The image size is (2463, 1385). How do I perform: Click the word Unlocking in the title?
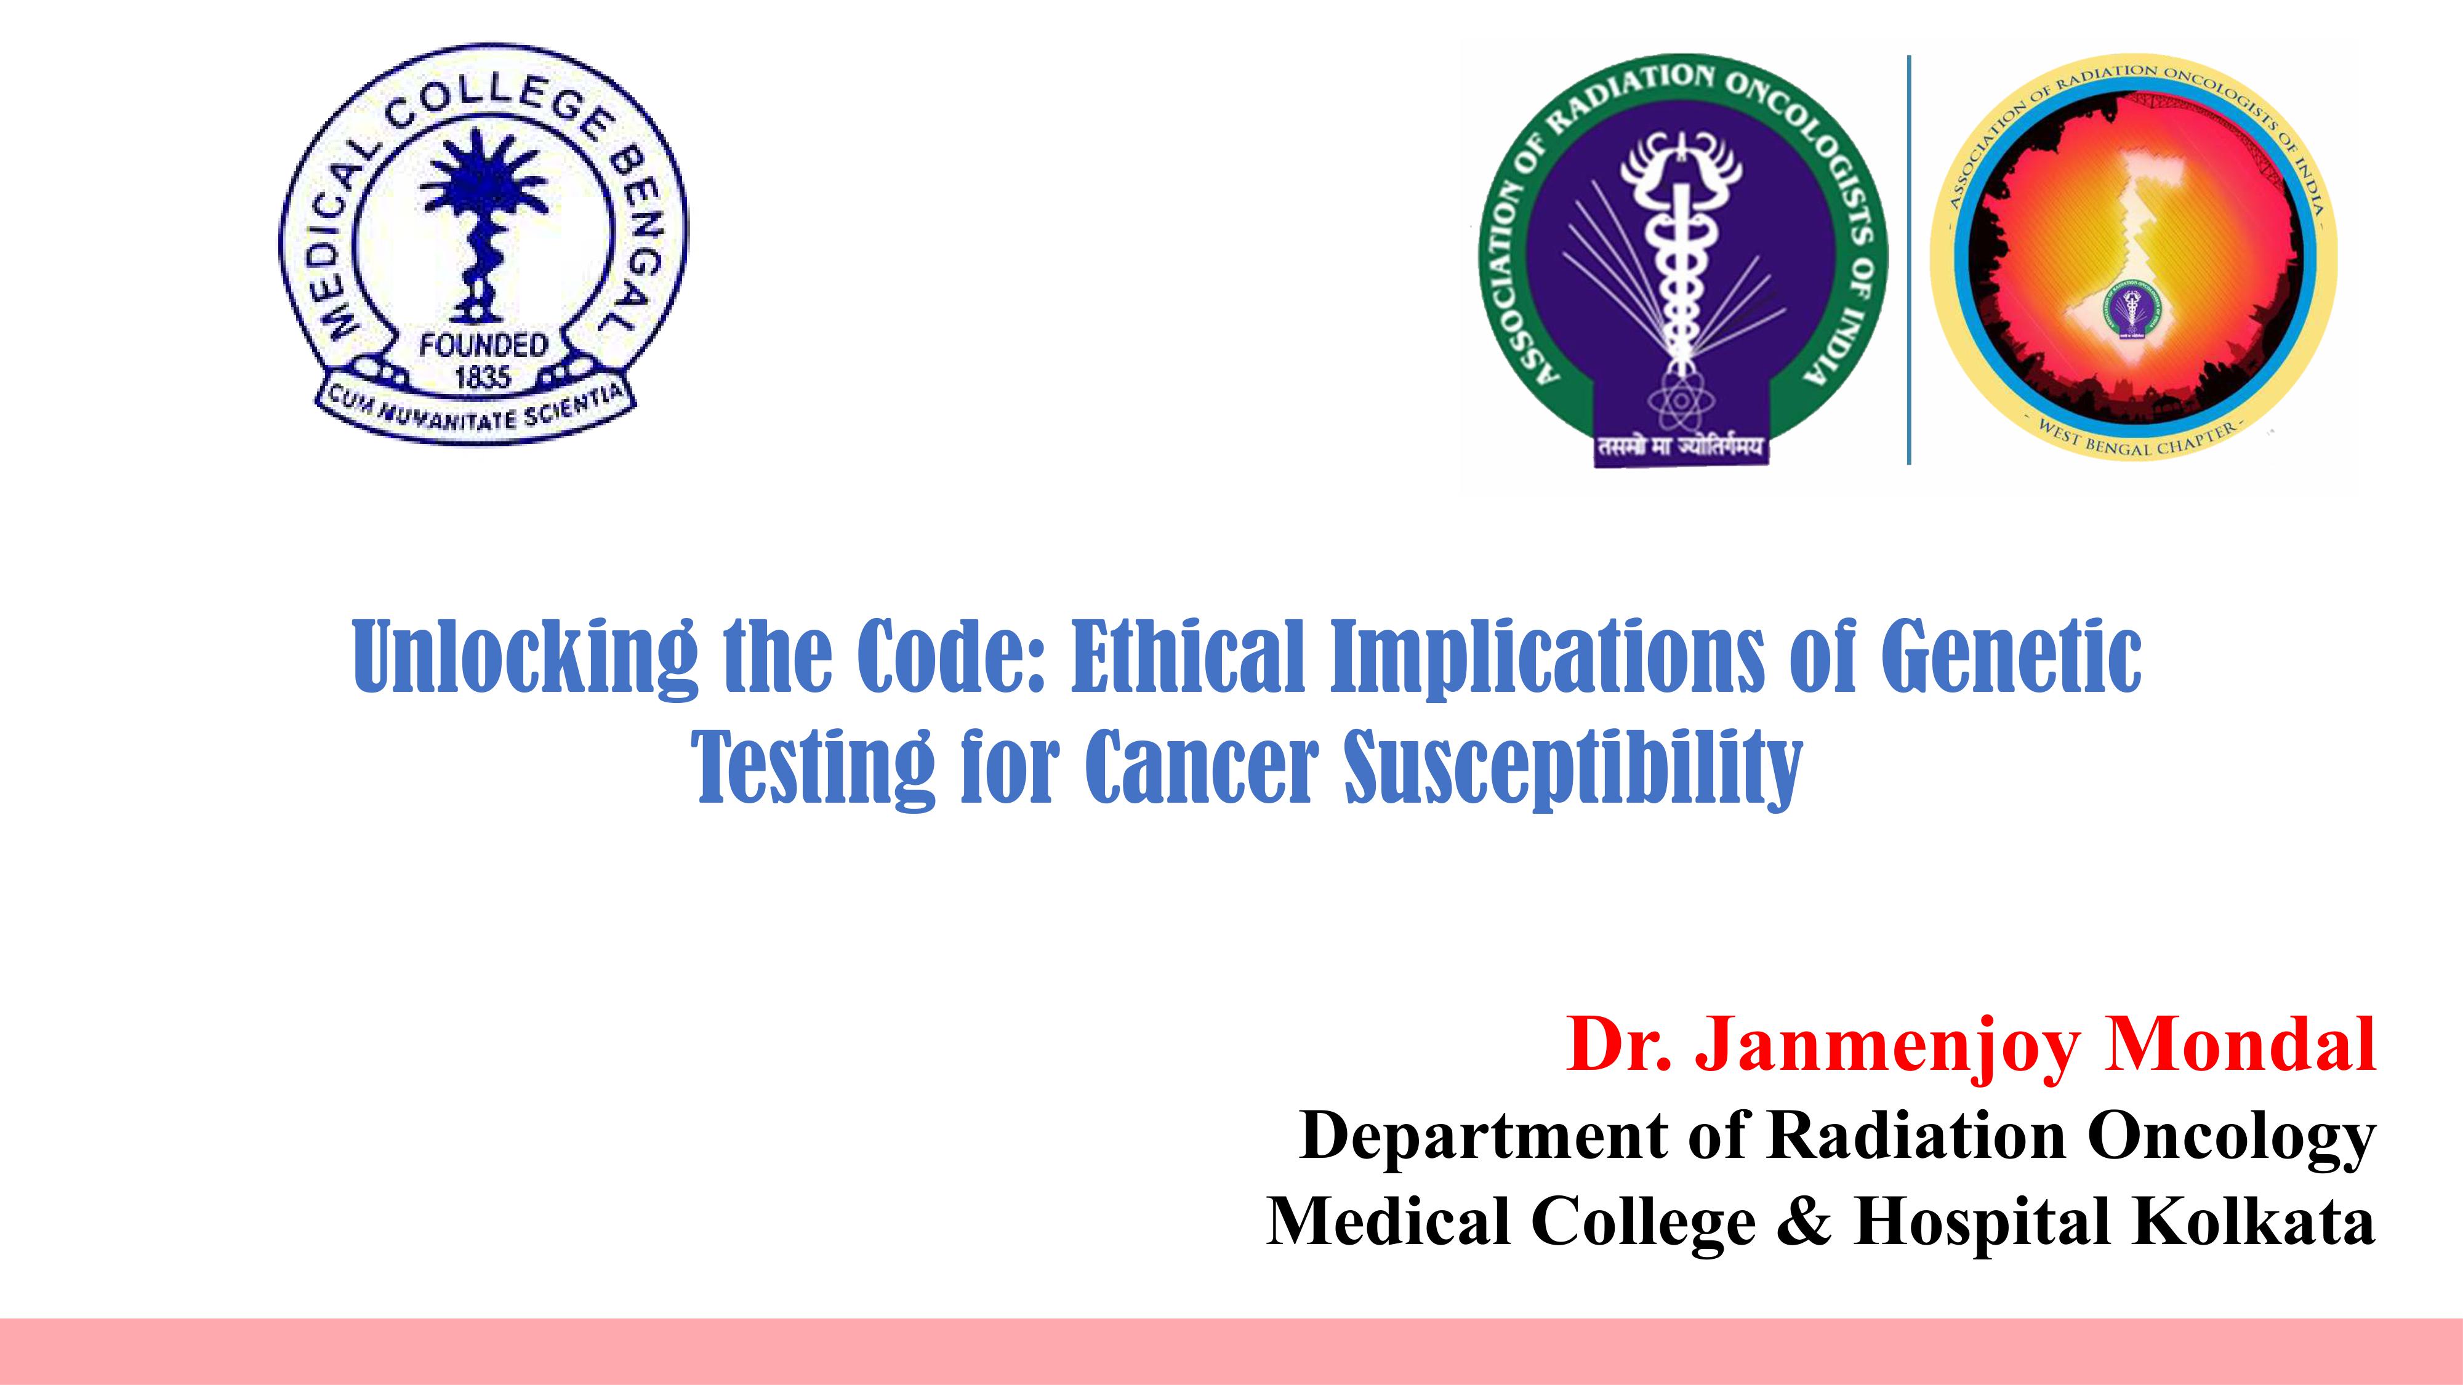[524, 657]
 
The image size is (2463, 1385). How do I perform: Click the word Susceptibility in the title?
[1573, 769]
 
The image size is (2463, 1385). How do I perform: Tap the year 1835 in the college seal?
[483, 377]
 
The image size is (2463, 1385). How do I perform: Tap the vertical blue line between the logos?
[1910, 260]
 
